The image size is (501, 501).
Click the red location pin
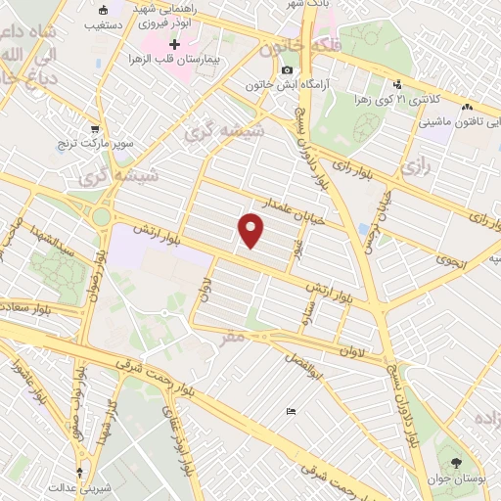(252, 231)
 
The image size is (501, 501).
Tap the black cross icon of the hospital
(175, 45)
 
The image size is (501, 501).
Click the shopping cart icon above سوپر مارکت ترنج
(95, 128)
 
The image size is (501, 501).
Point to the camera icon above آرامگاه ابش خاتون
(287, 70)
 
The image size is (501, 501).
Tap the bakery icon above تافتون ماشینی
(468, 108)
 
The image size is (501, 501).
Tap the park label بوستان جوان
(465, 479)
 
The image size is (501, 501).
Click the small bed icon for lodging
(289, 412)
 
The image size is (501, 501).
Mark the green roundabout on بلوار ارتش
(100, 215)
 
